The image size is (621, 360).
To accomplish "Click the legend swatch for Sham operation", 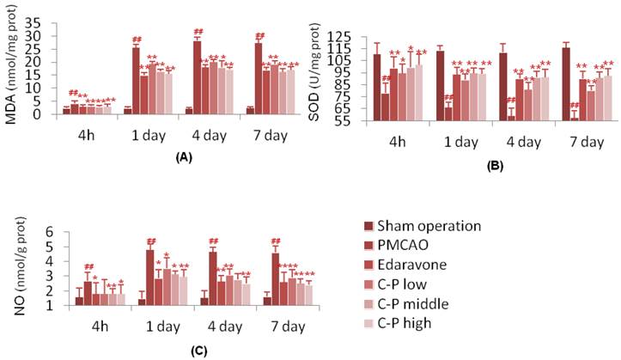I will tap(370, 226).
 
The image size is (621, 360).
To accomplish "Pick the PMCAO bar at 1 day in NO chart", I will tap(149, 277).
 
